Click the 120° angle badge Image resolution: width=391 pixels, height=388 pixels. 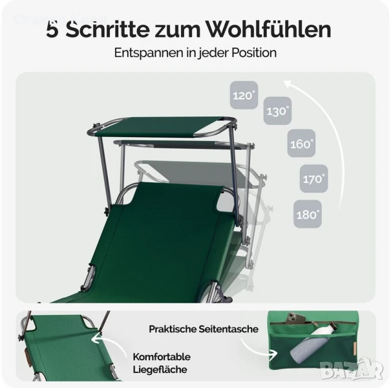click(244, 95)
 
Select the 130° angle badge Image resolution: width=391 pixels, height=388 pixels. click(277, 111)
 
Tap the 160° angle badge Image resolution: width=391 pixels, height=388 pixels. click(301, 143)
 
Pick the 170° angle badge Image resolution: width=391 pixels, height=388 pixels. click(313, 178)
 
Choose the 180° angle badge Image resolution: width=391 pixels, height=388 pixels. click(308, 214)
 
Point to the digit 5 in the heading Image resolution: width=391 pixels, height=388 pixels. click(52, 30)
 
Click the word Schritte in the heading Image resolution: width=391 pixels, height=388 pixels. click(107, 30)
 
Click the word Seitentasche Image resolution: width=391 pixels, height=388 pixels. click(228, 329)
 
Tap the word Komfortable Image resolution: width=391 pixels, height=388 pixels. click(162, 357)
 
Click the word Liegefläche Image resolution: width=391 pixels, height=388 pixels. click(160, 369)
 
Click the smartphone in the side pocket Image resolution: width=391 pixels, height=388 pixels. click(295, 319)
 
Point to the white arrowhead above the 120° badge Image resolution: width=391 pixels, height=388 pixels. click(290, 85)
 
